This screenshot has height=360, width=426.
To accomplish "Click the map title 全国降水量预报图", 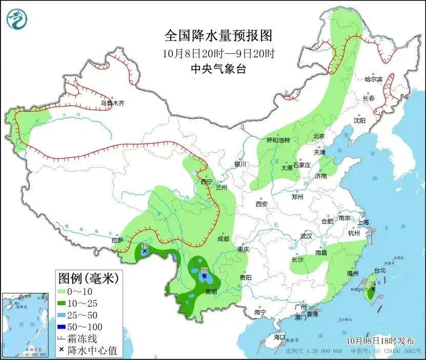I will point(218,36).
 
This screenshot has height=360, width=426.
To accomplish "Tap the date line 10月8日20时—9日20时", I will point(218,53).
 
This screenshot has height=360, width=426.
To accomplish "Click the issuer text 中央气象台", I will point(218,69).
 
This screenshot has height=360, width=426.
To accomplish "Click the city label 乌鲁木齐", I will point(112,103).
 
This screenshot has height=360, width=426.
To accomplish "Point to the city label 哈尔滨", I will point(373,79).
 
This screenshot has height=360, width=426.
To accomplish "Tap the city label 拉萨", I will point(117,240).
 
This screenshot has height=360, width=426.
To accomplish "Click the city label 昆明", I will point(211,291).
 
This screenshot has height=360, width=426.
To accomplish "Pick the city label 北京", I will point(319,136).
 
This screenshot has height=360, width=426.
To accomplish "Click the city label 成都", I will point(223,239).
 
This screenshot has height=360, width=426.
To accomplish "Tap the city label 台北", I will point(380,270).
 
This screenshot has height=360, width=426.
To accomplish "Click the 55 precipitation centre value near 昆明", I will point(204,270).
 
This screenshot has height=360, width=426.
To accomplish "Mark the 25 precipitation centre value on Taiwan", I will point(373,283).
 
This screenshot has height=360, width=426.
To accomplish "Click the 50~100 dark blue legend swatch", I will point(65,327).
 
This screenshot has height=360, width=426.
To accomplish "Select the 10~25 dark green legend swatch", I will point(65,303).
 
